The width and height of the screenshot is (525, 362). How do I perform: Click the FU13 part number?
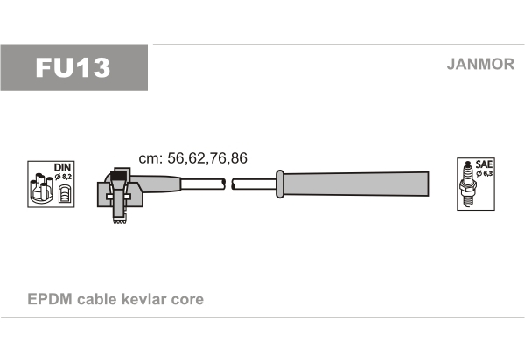tap(73, 67)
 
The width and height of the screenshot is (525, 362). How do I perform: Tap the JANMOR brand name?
tap(480, 64)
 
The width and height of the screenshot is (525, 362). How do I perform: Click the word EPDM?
tap(50, 299)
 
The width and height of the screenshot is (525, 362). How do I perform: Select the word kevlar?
tap(144, 299)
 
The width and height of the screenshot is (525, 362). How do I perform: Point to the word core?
tap(187, 300)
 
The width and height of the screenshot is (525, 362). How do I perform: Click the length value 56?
tap(176, 158)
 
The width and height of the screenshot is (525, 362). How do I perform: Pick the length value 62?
tap(197, 158)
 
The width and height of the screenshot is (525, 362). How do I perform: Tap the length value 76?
tap(218, 158)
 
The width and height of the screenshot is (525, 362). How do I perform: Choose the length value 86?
tap(239, 158)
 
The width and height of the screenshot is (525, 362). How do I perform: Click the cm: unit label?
tap(150, 159)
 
